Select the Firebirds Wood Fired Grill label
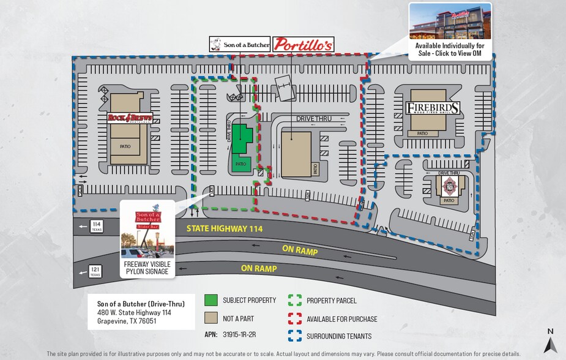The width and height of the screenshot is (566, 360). coord(433,109)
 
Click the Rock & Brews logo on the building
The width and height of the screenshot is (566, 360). coord(130,118)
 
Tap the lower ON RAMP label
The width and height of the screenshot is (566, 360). coord(259,269)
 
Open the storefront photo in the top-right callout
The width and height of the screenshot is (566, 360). coord(449,21)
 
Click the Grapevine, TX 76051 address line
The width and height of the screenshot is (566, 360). coord(127,321)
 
